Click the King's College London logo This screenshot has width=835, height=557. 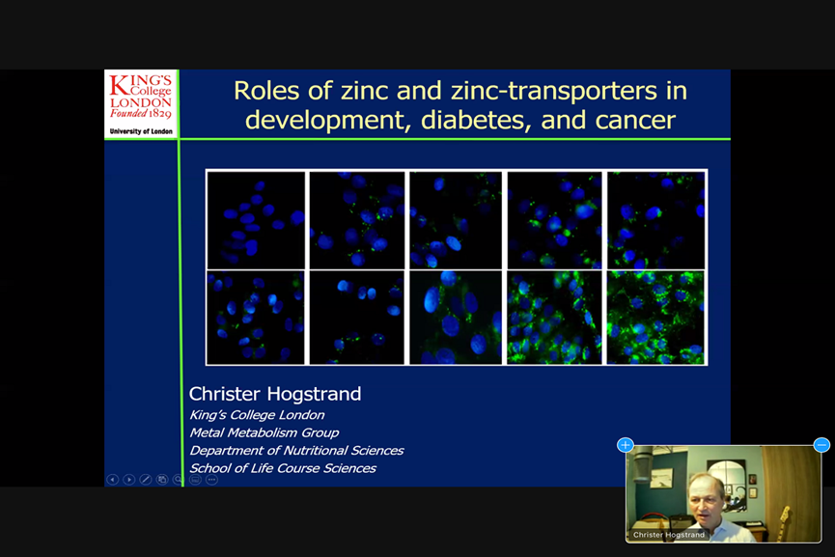(x=141, y=104)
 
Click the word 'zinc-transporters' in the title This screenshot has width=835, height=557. (x=554, y=91)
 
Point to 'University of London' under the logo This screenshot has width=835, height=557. (x=141, y=131)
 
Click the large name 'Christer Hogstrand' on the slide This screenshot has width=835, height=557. (x=275, y=394)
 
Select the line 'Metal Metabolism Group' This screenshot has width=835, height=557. (x=264, y=432)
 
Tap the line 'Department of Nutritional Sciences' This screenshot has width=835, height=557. (x=296, y=451)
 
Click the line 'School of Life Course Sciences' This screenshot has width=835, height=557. (x=283, y=468)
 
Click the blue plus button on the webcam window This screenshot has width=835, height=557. (x=626, y=445)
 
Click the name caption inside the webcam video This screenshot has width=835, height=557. (x=669, y=535)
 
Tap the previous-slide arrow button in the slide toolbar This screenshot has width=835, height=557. (x=112, y=480)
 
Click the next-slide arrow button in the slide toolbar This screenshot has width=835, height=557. (x=129, y=480)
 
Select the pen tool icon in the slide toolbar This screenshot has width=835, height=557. (x=146, y=480)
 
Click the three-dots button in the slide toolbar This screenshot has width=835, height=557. (x=211, y=480)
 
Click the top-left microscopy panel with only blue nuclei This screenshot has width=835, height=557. (x=256, y=220)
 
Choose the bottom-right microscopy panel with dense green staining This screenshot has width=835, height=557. (x=655, y=318)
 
